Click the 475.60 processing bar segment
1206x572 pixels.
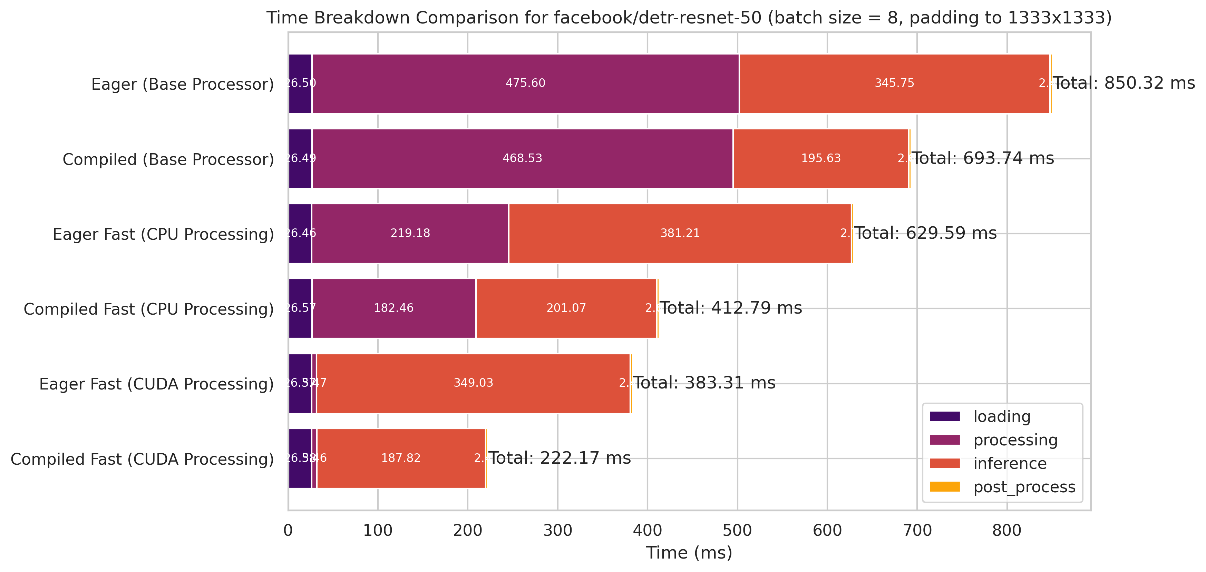pyautogui.click(x=525, y=83)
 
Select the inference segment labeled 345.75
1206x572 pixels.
pyautogui.click(x=894, y=83)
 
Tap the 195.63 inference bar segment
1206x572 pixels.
pyautogui.click(x=821, y=158)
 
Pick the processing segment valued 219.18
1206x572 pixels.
pyautogui.click(x=410, y=233)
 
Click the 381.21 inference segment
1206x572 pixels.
pyautogui.click(x=680, y=233)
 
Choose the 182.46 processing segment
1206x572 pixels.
pyautogui.click(x=394, y=308)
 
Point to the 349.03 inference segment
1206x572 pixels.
pyautogui.click(x=473, y=383)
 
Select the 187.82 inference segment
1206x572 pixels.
pyautogui.click(x=401, y=458)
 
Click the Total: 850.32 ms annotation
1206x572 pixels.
pyautogui.click(x=1124, y=83)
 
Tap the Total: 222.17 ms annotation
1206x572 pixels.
pyautogui.click(x=560, y=458)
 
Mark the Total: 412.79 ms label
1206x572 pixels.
pyautogui.click(x=731, y=308)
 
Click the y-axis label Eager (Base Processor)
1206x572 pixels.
pyautogui.click(x=183, y=84)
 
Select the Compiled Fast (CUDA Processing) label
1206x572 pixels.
pyautogui.click(x=142, y=459)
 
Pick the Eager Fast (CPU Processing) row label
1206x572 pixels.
pyautogui.click(x=163, y=234)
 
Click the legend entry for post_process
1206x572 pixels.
pyautogui.click(x=1024, y=487)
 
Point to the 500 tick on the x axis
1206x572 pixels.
pyautogui.click(x=737, y=530)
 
